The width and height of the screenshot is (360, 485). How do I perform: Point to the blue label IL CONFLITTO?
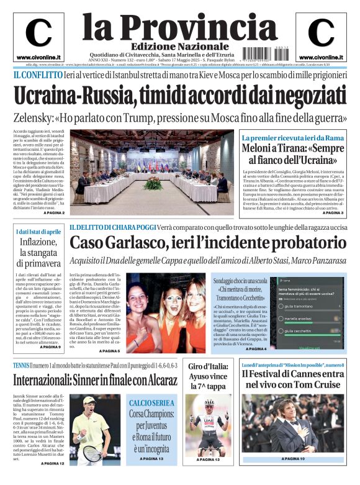(38, 75)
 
